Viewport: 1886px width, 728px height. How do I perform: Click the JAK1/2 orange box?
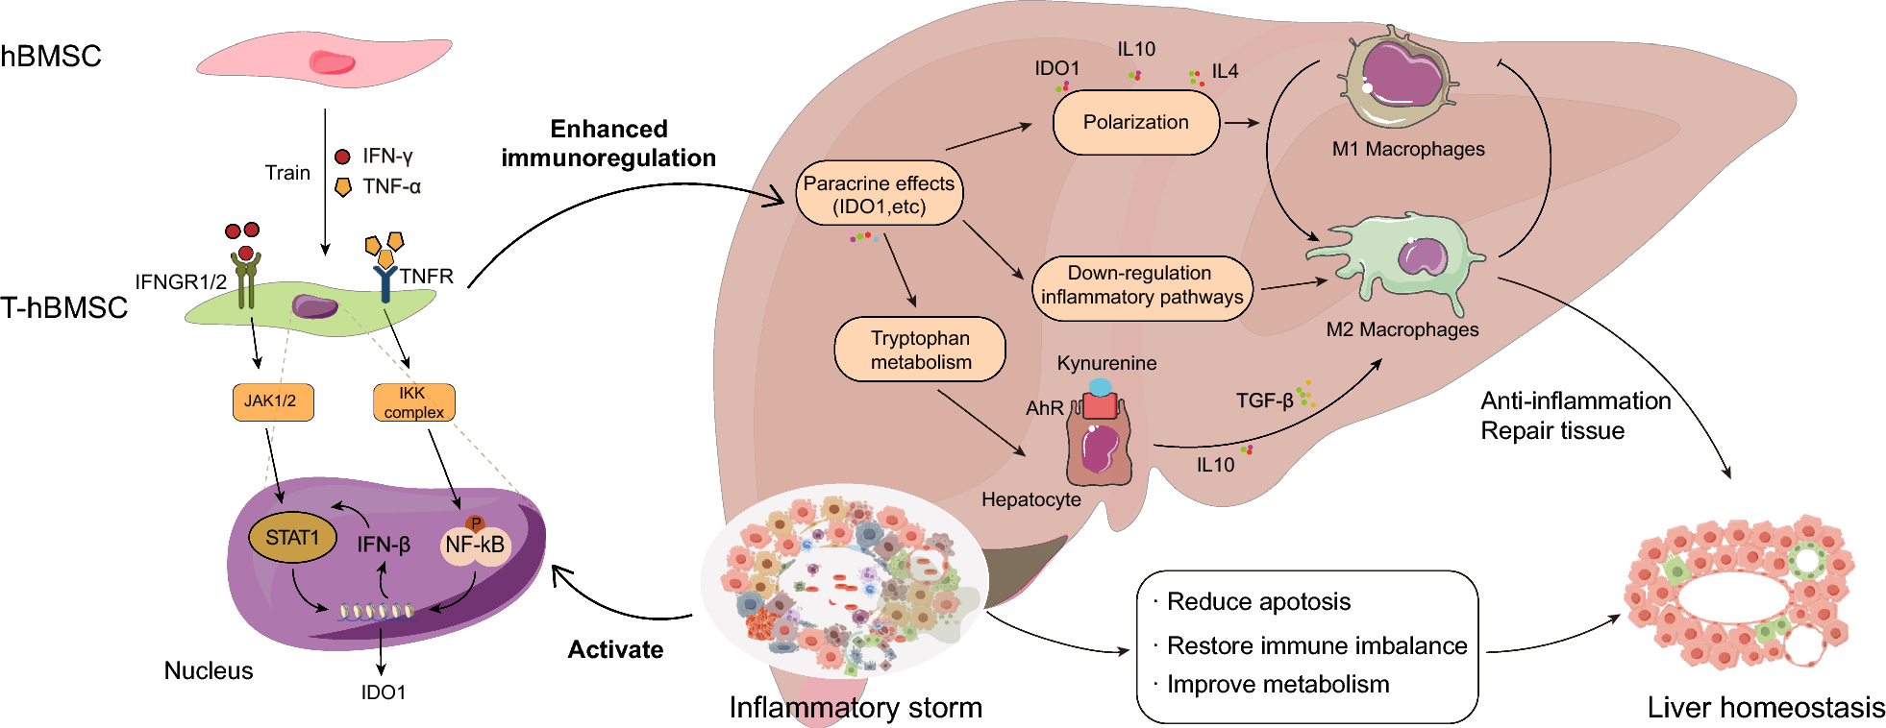pyautogui.click(x=273, y=401)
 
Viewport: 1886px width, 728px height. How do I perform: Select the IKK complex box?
pyautogui.click(x=413, y=402)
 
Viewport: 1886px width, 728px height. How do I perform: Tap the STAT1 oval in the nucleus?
pyautogui.click(x=292, y=538)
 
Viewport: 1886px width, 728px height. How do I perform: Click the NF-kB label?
pyautogui.click(x=475, y=546)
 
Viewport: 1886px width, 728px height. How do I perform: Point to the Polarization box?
pyautogui.click(x=1135, y=122)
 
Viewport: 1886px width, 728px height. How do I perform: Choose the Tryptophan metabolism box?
pyautogui.click(x=920, y=350)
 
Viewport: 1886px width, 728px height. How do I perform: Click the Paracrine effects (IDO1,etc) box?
pyautogui.click(x=879, y=194)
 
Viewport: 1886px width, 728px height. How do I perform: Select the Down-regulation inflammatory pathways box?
pyautogui.click(x=1141, y=286)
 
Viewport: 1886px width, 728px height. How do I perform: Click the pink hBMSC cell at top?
pyautogui.click(x=325, y=61)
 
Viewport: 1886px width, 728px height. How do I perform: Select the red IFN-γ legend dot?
pyautogui.click(x=342, y=157)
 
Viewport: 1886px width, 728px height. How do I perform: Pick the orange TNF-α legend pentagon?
pyautogui.click(x=342, y=187)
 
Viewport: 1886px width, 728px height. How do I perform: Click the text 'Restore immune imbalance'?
pyautogui.click(x=1316, y=645)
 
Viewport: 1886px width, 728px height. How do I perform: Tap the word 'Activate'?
pyautogui.click(x=615, y=650)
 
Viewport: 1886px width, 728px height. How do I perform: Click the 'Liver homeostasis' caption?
pyautogui.click(x=1765, y=708)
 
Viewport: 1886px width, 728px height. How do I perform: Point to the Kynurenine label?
pyautogui.click(x=1106, y=363)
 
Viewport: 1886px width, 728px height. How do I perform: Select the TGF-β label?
pyautogui.click(x=1264, y=400)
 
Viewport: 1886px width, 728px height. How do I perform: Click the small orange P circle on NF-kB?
pyautogui.click(x=475, y=523)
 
